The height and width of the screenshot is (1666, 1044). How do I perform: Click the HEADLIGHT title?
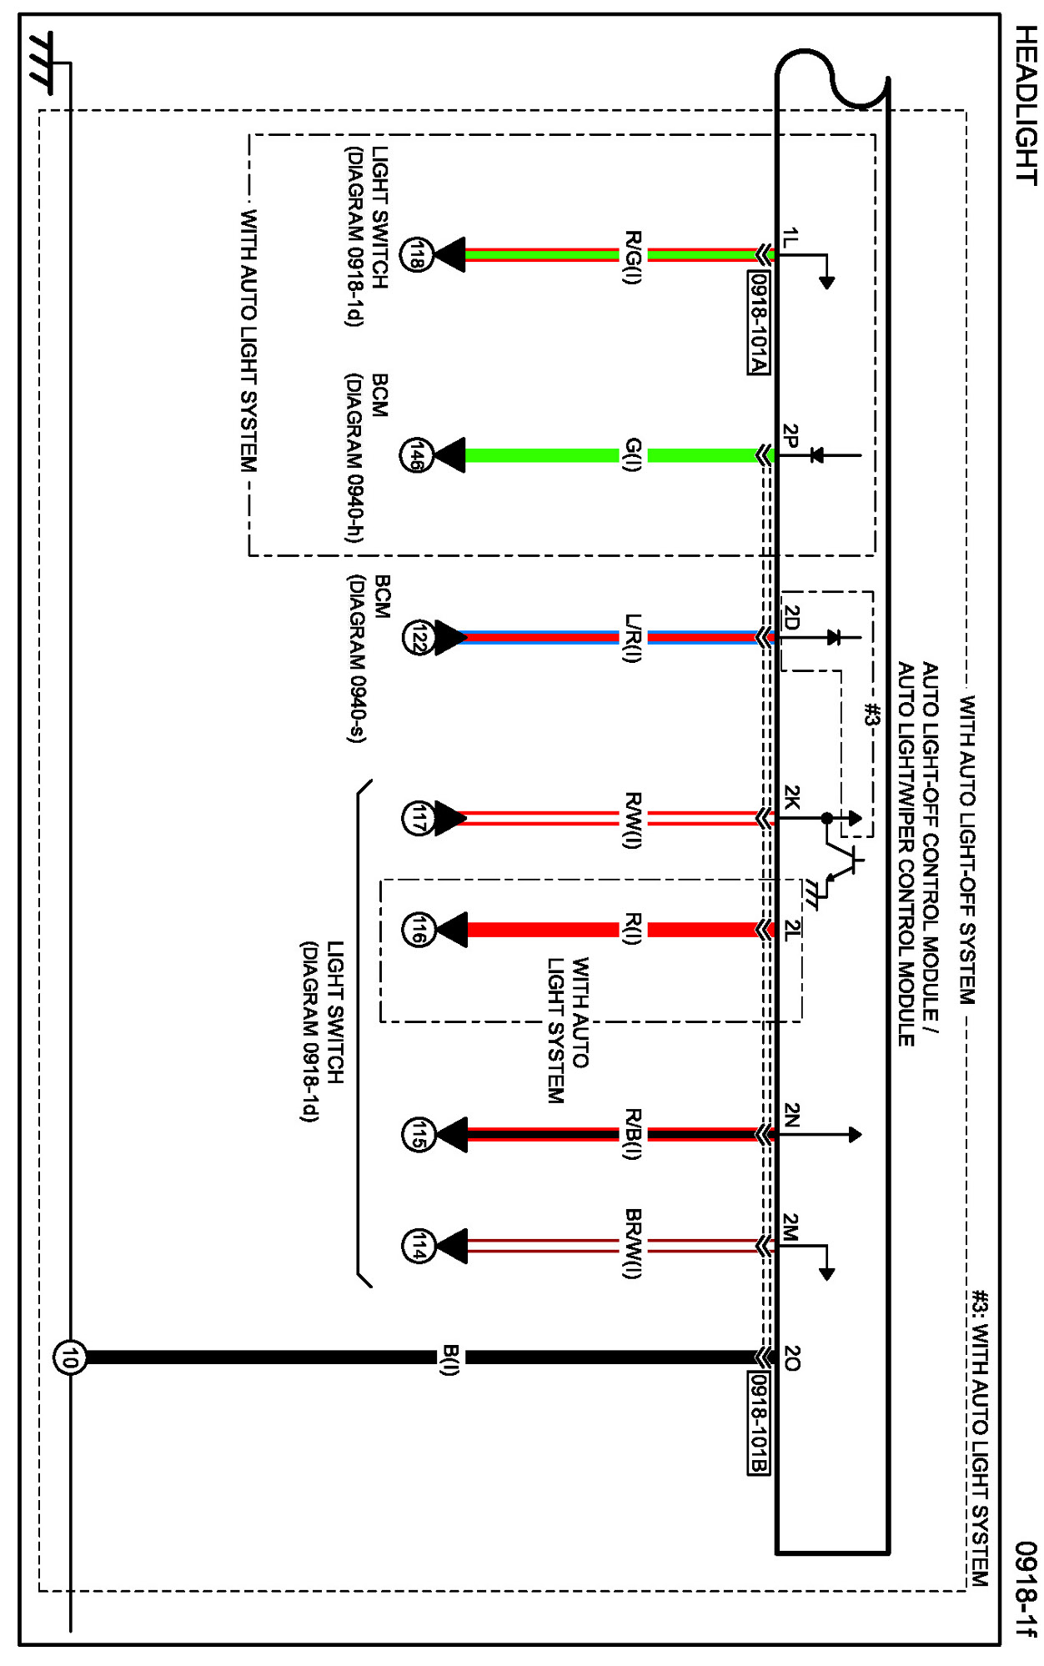tap(1025, 104)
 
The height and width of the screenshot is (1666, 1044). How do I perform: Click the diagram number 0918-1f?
tap(1026, 1588)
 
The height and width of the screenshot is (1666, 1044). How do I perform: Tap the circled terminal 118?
tap(416, 254)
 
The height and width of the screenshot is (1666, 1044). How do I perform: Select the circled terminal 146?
tap(416, 455)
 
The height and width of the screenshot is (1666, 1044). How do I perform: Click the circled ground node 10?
tap(69, 1357)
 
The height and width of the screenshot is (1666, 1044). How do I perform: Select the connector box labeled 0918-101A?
tap(758, 323)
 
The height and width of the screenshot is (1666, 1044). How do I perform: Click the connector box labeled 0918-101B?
tap(758, 1423)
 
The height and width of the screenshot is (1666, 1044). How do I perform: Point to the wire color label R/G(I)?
tap(633, 257)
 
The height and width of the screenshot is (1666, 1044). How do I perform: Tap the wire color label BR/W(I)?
tap(633, 1242)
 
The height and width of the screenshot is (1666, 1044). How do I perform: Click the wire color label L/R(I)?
tap(633, 638)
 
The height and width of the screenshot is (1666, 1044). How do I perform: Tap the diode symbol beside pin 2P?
tap(817, 455)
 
